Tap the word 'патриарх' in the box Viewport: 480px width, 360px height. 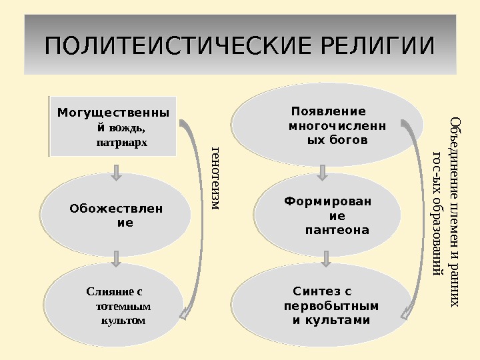click(122, 142)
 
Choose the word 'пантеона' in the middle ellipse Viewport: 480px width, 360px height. click(337, 230)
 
